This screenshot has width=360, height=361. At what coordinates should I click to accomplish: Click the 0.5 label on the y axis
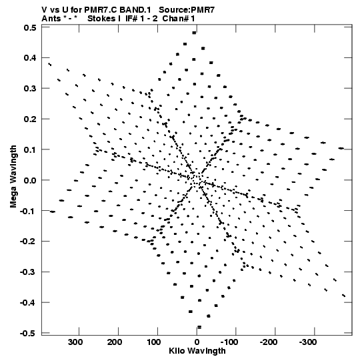pos(30,28)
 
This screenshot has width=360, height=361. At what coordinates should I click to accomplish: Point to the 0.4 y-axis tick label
pos(30,58)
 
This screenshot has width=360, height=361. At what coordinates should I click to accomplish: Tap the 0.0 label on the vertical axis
pos(30,180)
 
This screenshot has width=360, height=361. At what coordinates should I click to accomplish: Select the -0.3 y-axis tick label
pos(28,272)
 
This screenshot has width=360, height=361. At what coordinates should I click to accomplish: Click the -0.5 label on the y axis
pos(28,334)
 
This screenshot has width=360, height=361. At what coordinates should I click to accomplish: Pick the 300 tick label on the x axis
pos(75,342)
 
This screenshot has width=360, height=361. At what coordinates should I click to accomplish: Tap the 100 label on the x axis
pos(154,342)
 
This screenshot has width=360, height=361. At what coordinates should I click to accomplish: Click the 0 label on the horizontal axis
pos(197,342)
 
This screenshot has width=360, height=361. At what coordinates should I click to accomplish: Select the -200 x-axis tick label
pos(269,342)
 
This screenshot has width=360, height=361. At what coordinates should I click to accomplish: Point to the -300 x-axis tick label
pos(308,342)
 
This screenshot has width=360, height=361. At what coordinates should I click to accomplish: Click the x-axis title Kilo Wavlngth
pos(197,351)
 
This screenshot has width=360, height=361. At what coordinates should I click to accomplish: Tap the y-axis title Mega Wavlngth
pos(13,177)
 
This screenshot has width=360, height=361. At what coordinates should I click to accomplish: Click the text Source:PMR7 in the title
pos(187,9)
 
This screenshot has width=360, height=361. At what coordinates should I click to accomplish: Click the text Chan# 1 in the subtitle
pos(179,19)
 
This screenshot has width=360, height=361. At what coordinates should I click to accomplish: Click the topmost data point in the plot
pos(195,33)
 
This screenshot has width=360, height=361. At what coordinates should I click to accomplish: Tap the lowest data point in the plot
pos(199,327)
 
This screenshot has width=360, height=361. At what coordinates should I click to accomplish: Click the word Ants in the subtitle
pos(51,19)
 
